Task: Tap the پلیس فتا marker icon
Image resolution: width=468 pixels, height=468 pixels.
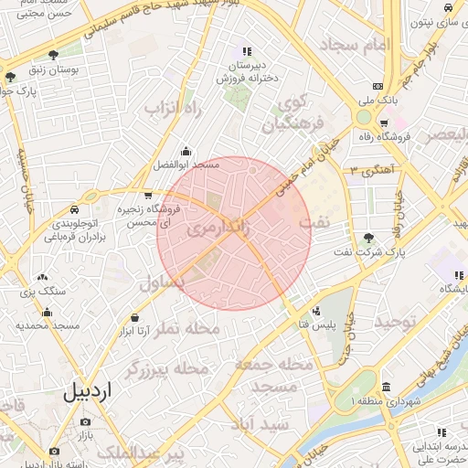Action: tap(316, 311)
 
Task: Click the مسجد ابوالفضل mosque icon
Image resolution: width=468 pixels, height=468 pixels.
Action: tap(186, 152)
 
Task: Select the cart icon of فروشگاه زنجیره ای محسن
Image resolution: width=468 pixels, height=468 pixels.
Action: tap(148, 195)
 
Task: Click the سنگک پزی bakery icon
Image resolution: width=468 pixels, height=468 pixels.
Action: tap(42, 277)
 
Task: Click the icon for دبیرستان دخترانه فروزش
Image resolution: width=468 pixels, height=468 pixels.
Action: tap(245, 51)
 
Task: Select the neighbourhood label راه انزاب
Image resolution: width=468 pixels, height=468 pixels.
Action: tap(172, 109)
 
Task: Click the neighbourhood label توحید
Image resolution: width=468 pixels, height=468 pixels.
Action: tap(395, 322)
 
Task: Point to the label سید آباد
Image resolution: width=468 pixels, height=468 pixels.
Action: tap(261, 425)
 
